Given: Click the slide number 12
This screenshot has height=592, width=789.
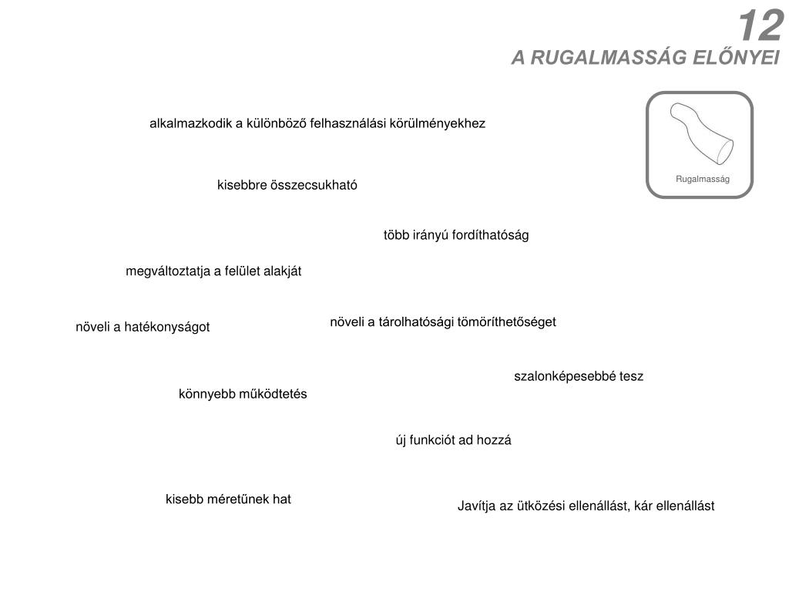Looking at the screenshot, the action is point(760,27).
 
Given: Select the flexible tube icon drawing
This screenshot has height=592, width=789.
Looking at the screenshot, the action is point(700,132).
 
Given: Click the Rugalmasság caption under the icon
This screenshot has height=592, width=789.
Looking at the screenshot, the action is point(702,179).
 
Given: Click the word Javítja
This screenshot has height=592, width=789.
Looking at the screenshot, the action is point(476,506).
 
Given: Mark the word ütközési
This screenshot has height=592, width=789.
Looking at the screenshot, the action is point(540,506).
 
